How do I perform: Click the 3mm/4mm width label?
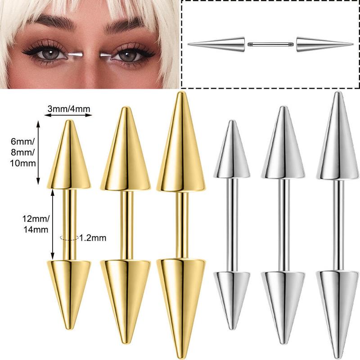click(x=69, y=108)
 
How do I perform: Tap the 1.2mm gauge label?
click(x=93, y=238)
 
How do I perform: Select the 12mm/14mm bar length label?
click(x=36, y=224)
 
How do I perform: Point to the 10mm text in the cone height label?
click(x=23, y=163)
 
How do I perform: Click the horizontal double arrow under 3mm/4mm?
click(x=68, y=115)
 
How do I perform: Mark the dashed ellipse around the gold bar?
click(x=69, y=238)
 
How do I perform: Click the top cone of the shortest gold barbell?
click(x=69, y=154)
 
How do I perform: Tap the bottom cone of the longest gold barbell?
click(x=181, y=308)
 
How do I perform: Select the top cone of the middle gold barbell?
click(x=126, y=149)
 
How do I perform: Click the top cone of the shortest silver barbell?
click(x=232, y=149)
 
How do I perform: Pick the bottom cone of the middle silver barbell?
click(x=283, y=308)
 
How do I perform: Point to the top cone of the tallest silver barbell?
click(x=337, y=135)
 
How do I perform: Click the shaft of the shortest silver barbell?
click(x=232, y=225)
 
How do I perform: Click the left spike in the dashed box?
click(x=216, y=44)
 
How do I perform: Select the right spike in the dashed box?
click(x=324, y=44)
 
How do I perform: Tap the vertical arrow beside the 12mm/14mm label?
click(x=53, y=224)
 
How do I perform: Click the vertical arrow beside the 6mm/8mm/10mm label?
click(x=38, y=153)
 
